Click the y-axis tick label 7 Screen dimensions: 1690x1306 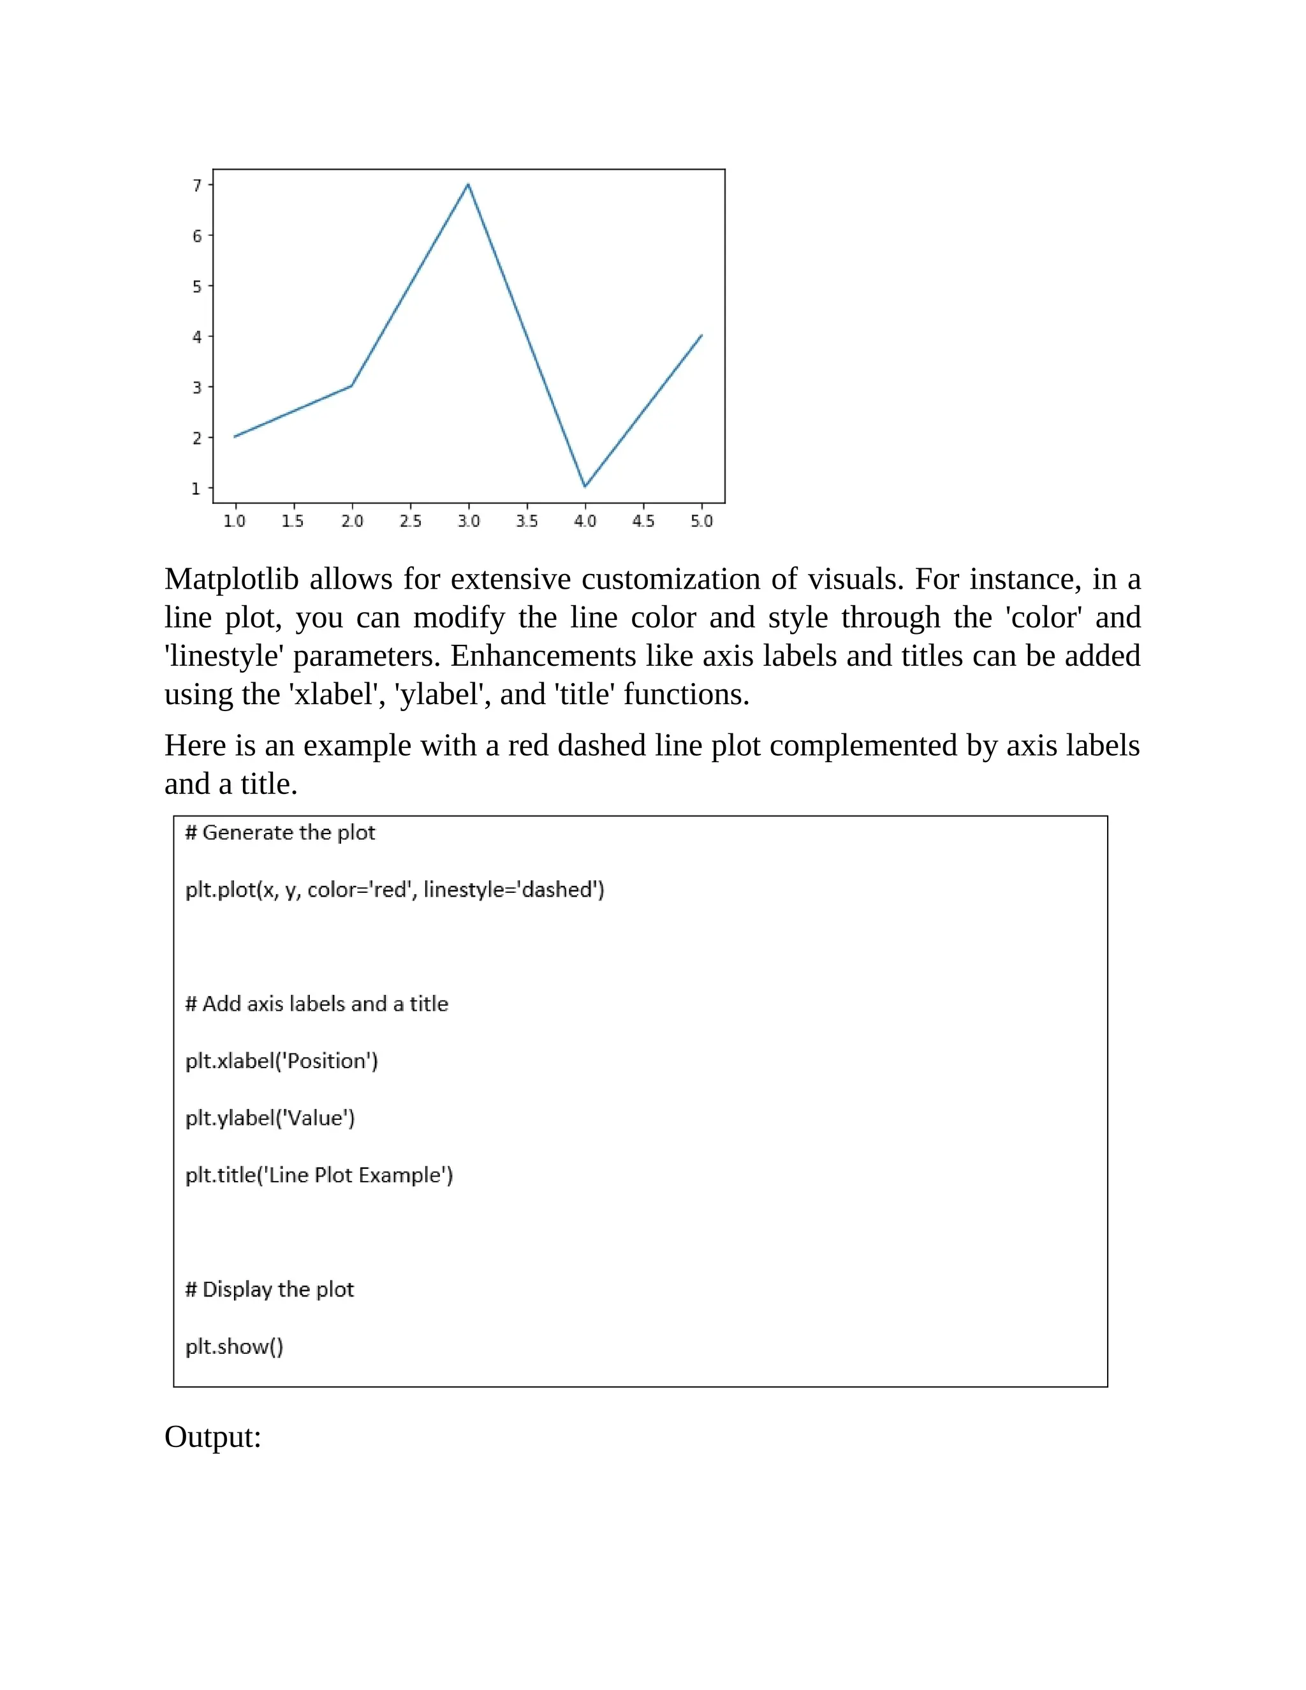[197, 185]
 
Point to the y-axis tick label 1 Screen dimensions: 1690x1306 [196, 489]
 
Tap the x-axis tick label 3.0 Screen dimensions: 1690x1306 [468, 521]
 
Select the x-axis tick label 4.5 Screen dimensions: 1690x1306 [643, 521]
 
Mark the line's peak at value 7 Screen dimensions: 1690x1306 [468, 184]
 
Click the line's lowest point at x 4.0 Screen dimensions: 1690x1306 [585, 486]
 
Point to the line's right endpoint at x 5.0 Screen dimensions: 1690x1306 [701, 335]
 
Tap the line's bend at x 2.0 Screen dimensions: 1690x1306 [351, 385]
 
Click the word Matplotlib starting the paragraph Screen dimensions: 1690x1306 [231, 579]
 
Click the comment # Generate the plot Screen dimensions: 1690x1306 [280, 833]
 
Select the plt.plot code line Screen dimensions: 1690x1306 [395, 890]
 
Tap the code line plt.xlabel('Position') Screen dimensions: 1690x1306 [282, 1061]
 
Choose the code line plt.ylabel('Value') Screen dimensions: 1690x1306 [270, 1118]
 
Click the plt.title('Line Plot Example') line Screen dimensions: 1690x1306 [319, 1175]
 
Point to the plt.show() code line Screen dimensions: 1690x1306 [235, 1346]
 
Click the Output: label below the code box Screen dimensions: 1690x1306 [213, 1437]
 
